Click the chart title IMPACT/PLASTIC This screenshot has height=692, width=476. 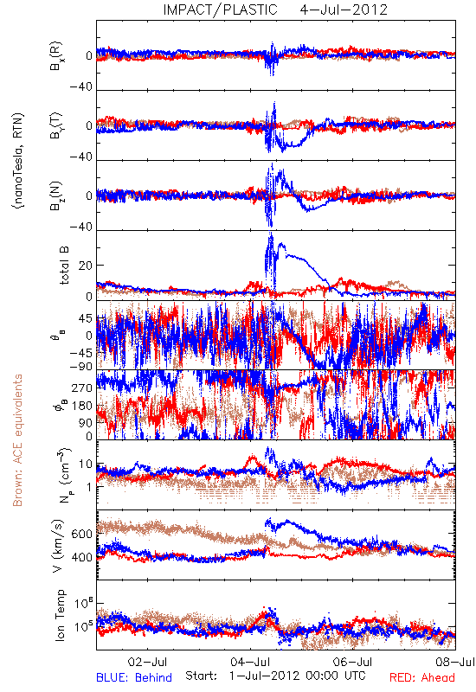[220, 10]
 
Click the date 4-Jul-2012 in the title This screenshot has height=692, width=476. [344, 10]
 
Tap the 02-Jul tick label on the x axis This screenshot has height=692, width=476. [147, 662]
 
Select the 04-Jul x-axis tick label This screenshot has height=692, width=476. [250, 662]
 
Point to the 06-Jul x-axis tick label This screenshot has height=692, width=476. [353, 662]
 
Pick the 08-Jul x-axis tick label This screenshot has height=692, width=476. [455, 662]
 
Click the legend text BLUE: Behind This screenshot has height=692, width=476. [134, 677]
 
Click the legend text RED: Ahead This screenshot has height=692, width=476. [422, 677]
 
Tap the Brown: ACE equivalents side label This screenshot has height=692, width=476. [17, 440]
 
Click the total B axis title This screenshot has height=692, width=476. [64, 266]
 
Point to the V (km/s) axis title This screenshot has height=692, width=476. [58, 546]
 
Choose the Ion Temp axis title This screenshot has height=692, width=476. [60, 615]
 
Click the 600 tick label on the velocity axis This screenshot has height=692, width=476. [82, 534]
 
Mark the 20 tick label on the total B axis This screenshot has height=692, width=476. [86, 266]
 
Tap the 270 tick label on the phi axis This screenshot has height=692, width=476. [82, 388]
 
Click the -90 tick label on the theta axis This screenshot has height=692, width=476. [80, 367]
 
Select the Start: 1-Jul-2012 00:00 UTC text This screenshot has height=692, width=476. [275, 676]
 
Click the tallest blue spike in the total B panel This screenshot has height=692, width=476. [271, 234]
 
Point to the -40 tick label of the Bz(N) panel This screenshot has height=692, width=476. [80, 227]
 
